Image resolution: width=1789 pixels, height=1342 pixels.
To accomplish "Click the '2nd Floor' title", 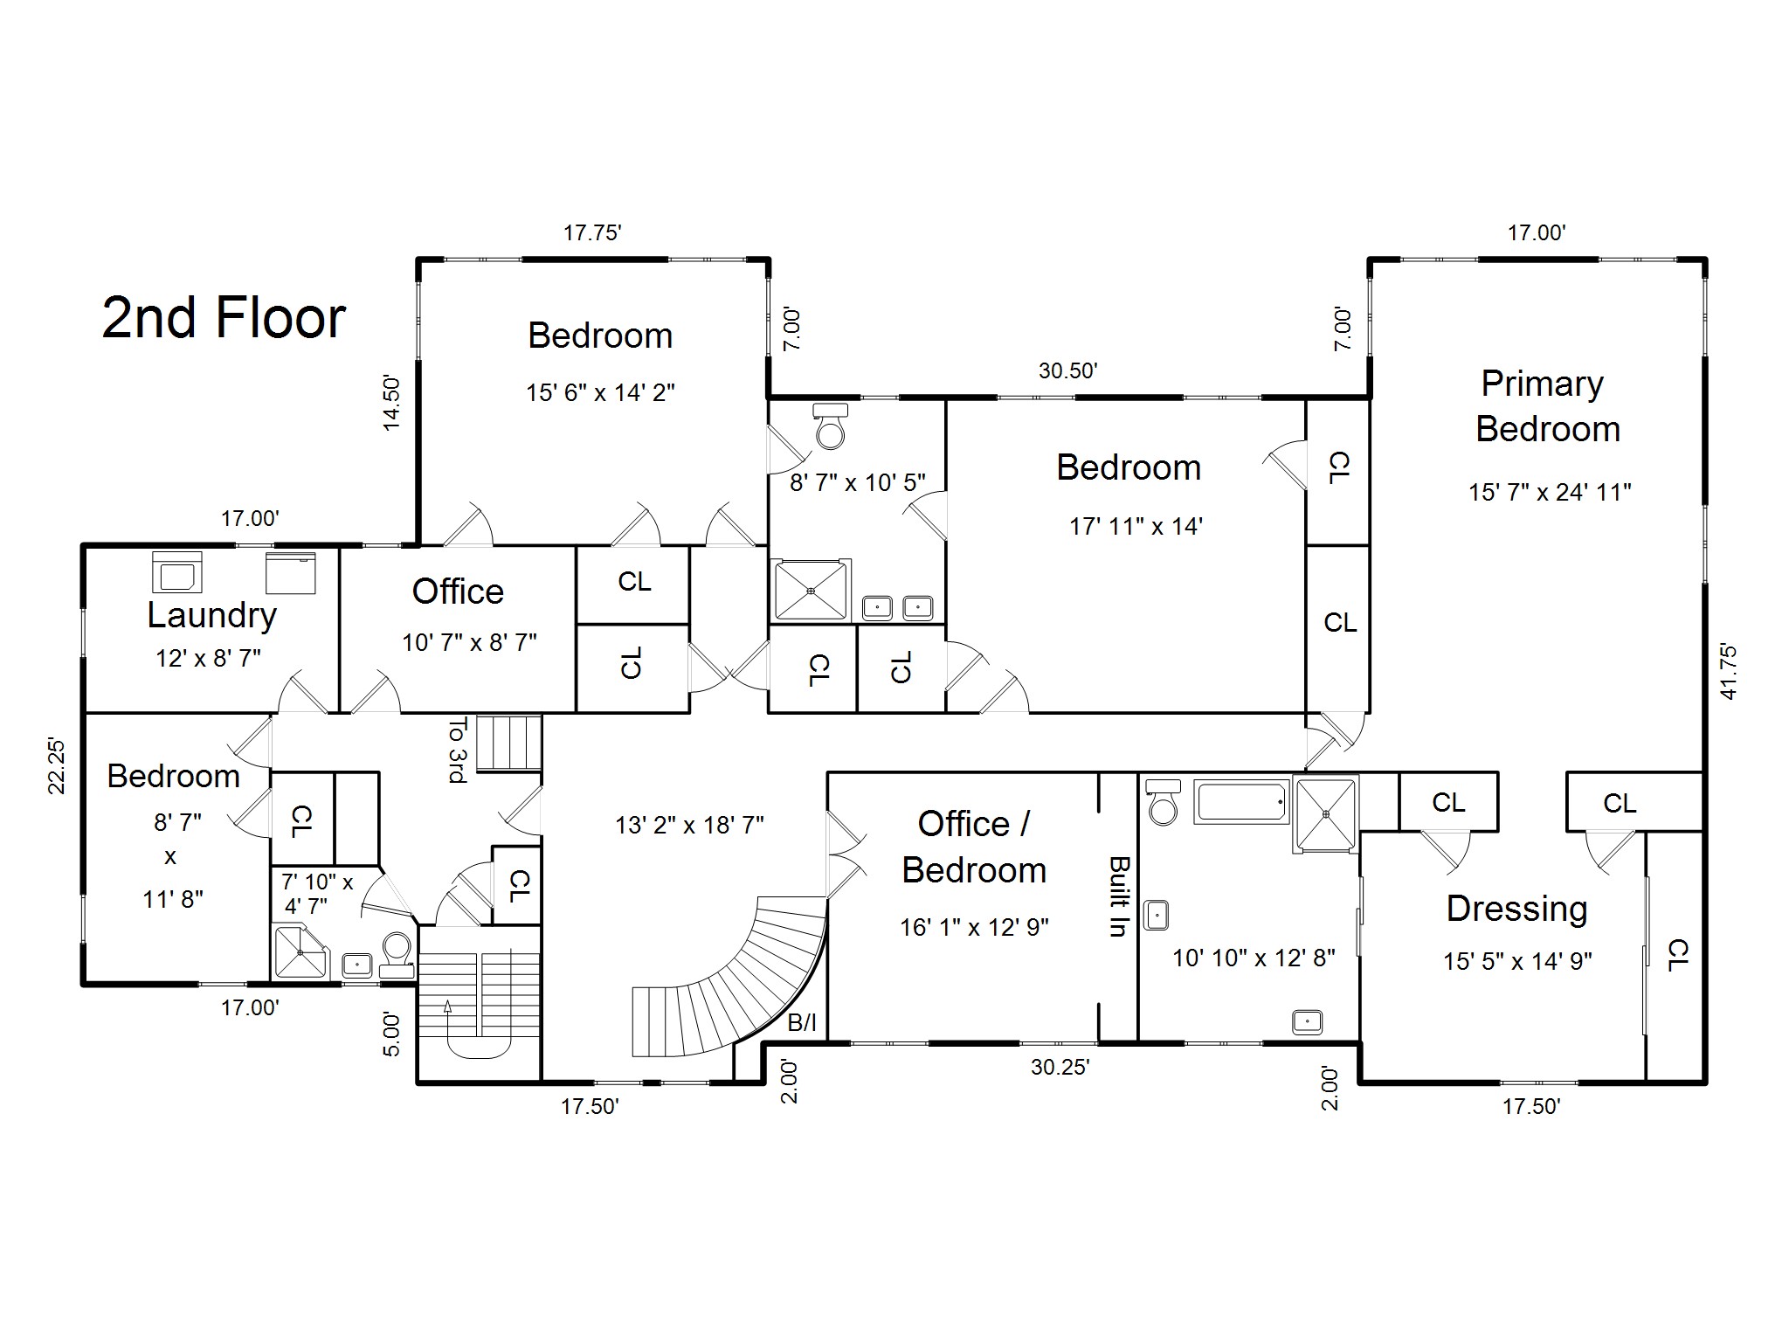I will pyautogui.click(x=224, y=317).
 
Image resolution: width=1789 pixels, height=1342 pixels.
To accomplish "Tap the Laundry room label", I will pyautogui.click(x=211, y=615).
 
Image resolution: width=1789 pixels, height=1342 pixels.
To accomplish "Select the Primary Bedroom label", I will pyautogui.click(x=1546, y=406).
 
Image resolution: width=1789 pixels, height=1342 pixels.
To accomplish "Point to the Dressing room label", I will pyautogui.click(x=1516, y=909).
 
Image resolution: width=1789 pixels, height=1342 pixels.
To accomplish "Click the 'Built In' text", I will pyautogui.click(x=1117, y=896).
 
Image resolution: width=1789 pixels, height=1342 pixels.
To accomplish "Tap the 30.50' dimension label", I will pyautogui.click(x=1067, y=371).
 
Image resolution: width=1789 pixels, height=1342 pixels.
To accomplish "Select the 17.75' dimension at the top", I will pyautogui.click(x=592, y=233).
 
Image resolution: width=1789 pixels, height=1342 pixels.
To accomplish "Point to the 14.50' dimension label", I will pyautogui.click(x=391, y=403).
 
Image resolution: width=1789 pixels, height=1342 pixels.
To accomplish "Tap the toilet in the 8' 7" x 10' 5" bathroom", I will pyautogui.click(x=830, y=425).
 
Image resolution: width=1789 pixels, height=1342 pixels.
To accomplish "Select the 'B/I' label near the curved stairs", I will pyautogui.click(x=802, y=1023).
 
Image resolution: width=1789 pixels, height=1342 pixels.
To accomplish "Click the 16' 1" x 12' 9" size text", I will pyautogui.click(x=974, y=927).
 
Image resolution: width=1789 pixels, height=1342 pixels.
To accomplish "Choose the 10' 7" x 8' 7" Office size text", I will pyautogui.click(x=469, y=643).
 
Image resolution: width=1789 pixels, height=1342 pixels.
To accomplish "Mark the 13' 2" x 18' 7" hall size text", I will pyautogui.click(x=689, y=825).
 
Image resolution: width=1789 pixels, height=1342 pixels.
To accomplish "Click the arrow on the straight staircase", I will pyautogui.click(x=448, y=1006).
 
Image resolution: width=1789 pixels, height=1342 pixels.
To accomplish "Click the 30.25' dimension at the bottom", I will pyautogui.click(x=1060, y=1067).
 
